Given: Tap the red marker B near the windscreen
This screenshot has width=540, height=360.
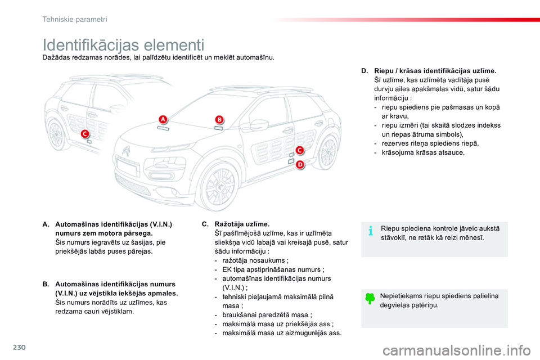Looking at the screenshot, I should [219, 119].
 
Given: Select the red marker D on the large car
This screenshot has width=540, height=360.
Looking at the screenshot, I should [300, 164].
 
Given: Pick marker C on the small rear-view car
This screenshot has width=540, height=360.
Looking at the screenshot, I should [85, 133].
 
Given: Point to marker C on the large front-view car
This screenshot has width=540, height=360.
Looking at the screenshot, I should [300, 150].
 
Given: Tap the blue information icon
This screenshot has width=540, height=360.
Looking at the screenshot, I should [371, 231].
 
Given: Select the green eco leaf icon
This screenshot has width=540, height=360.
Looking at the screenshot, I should [370, 299].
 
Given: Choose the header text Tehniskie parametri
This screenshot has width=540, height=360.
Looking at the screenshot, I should [75, 19].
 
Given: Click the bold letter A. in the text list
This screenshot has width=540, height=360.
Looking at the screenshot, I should [45, 224].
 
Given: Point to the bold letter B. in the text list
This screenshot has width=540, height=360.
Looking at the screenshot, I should [45, 284].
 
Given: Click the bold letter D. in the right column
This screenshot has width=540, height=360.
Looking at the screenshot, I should [364, 71].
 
